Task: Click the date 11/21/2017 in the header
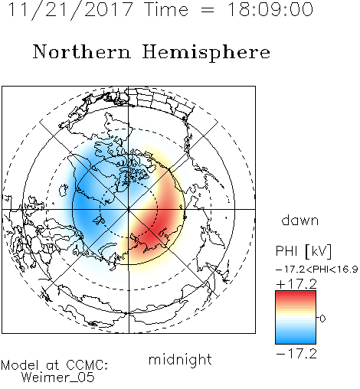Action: click(70, 10)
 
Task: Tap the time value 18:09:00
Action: click(270, 9)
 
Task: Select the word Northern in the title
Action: click(81, 51)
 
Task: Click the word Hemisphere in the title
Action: click(206, 52)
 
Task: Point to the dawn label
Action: click(300, 220)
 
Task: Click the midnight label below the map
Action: click(180, 359)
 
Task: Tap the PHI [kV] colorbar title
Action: click(304, 251)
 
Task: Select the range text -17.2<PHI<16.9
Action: click(317, 270)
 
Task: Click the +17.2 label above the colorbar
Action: click(296, 284)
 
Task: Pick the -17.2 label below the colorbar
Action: click(296, 354)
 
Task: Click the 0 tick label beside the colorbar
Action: click(322, 319)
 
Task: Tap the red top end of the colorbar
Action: click(296, 293)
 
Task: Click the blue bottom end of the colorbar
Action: click(296, 341)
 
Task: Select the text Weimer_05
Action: click(57, 378)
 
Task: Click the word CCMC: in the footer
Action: click(87, 365)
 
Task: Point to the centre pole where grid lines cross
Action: click(129, 209)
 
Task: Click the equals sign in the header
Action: click(208, 10)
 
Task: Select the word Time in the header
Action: click(166, 9)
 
